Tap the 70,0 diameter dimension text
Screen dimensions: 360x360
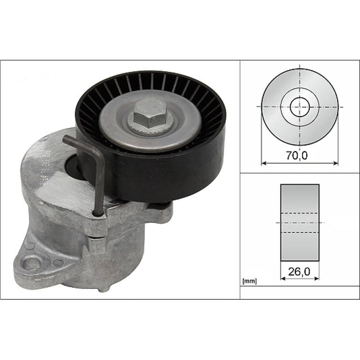tap(296, 156)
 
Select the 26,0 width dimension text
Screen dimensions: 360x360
tap(299, 272)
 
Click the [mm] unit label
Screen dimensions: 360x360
tap(249, 281)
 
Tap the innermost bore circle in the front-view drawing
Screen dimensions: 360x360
tap(300, 107)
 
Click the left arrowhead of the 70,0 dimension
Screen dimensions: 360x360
tap(264, 163)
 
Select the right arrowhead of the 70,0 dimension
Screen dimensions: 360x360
tap(336, 163)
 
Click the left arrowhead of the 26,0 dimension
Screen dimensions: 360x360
tap(283, 278)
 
